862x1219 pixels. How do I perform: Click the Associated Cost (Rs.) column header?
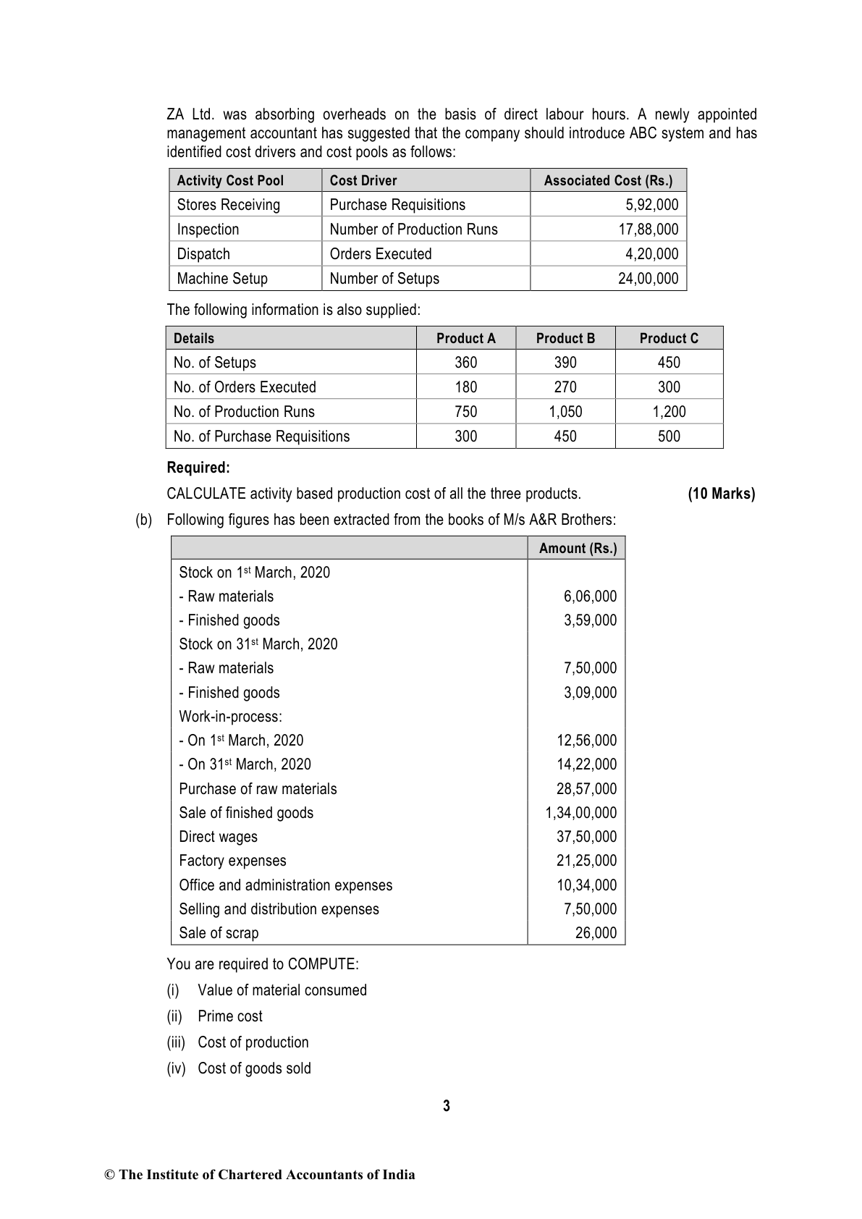(608, 181)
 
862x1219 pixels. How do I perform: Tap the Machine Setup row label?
(222, 279)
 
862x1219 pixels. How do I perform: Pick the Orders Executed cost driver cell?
(381, 254)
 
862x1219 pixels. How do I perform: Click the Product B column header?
(565, 339)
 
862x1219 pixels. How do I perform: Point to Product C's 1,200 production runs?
(669, 412)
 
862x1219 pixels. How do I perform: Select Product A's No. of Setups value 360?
(465, 363)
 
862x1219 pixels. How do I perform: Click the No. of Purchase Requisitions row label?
(261, 436)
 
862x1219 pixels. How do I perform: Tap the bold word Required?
(198, 468)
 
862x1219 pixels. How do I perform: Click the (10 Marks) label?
(721, 494)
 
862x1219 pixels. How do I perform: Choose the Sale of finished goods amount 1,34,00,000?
(580, 813)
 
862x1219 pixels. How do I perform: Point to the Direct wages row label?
(218, 837)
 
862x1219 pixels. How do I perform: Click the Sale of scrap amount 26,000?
(596, 933)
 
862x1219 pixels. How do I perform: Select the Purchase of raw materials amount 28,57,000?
(586, 789)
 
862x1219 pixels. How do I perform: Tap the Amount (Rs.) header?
(578, 549)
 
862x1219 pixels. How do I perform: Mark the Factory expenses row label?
(232, 861)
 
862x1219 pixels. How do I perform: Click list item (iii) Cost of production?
(253, 1042)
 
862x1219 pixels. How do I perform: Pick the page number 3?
(446, 1106)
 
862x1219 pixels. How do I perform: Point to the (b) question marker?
(143, 520)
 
